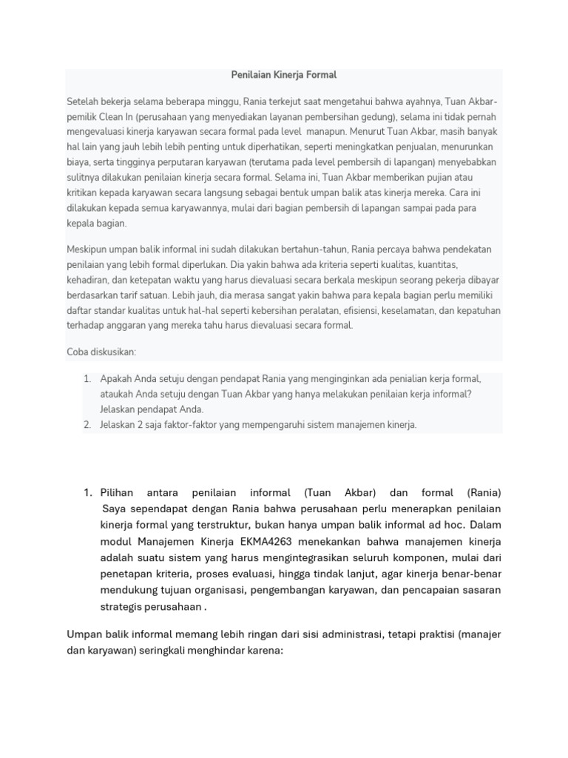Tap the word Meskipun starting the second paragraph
pos(89,249)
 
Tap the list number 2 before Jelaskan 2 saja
pos(87,425)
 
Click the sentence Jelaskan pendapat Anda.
pos(152,409)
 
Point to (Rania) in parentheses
pos(484,493)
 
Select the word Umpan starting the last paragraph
pos(84,635)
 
